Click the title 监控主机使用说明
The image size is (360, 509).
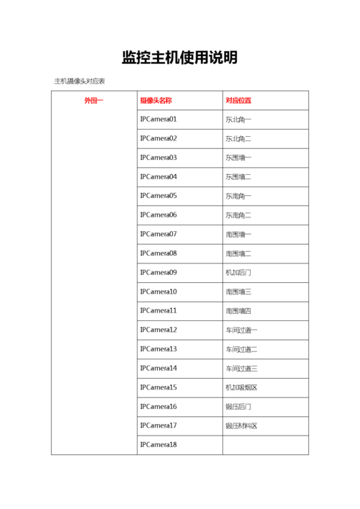(179, 58)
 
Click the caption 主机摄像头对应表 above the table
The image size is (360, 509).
(80, 81)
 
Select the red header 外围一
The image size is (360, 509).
(94, 100)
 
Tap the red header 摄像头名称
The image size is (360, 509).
(156, 100)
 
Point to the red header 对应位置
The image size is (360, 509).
(238, 100)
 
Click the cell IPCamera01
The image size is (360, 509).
(158, 120)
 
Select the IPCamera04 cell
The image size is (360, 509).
(158, 176)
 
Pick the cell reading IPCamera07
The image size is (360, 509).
(158, 234)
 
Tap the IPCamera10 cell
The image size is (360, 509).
(158, 292)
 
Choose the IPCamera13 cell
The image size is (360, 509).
(158, 349)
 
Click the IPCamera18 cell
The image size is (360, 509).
(158, 445)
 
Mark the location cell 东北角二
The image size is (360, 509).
(238, 138)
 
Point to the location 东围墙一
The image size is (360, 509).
(238, 158)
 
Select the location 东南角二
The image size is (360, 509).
(238, 215)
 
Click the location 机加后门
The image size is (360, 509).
(238, 273)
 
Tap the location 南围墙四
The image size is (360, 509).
(238, 311)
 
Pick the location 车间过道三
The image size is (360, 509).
(241, 369)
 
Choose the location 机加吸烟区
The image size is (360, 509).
(241, 387)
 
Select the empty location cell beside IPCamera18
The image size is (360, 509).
(265, 445)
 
